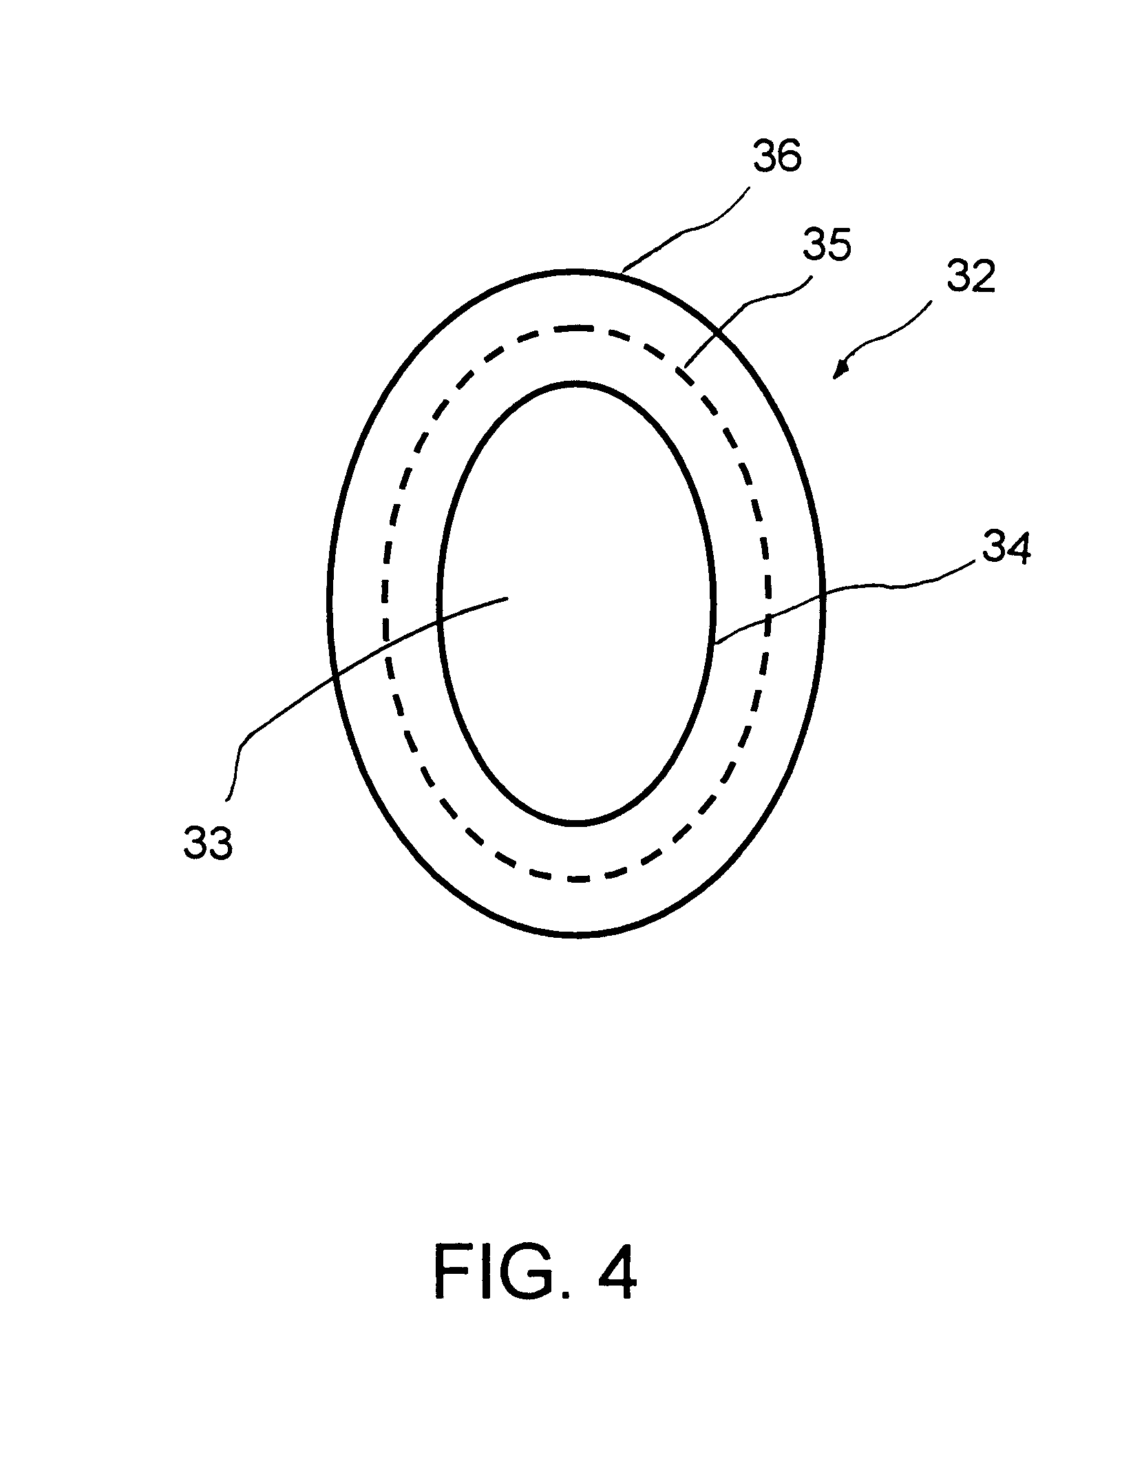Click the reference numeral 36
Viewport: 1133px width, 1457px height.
(x=776, y=156)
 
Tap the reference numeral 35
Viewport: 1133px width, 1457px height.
(x=827, y=246)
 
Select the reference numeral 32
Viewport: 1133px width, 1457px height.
(x=971, y=277)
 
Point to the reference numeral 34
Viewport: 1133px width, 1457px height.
(x=1006, y=549)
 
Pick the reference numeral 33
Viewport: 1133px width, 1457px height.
(x=208, y=843)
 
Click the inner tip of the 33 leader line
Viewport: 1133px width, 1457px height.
(x=508, y=598)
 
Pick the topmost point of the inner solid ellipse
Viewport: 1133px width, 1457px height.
(x=577, y=383)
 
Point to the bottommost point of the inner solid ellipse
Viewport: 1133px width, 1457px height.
(x=577, y=823)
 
